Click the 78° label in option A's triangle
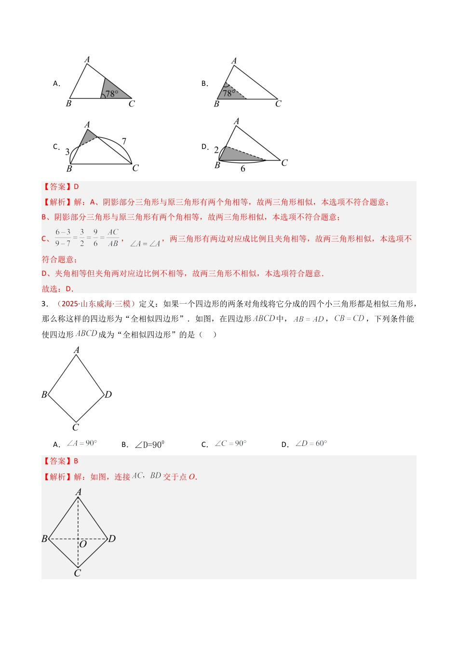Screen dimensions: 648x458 coord(112,94)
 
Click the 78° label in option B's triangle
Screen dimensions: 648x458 coord(229,93)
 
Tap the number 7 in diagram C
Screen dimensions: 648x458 coord(124,141)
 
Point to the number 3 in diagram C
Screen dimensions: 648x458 coord(67,152)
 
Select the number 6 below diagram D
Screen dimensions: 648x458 coord(243,169)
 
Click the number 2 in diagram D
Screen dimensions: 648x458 coord(216,150)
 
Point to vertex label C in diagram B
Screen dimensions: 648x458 coord(278,104)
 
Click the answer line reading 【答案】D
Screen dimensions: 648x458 coord(61,187)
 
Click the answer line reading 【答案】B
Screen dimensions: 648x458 coord(61,461)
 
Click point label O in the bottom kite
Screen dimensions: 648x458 coord(83,544)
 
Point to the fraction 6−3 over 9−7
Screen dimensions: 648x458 coord(63,238)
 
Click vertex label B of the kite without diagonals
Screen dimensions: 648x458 coord(44,394)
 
